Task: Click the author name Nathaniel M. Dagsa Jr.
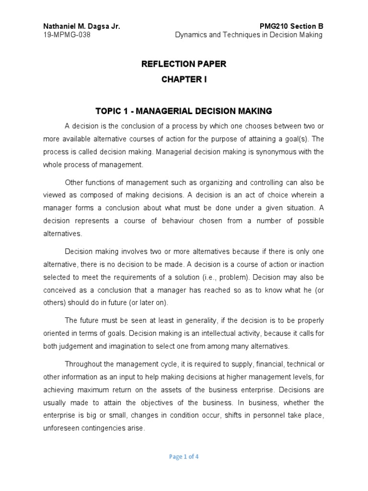pos(81,26)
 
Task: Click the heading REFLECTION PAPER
pos(184,64)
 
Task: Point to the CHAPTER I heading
pos(184,80)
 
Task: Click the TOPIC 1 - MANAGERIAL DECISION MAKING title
pos(184,111)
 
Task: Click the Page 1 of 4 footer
pos(184,457)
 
